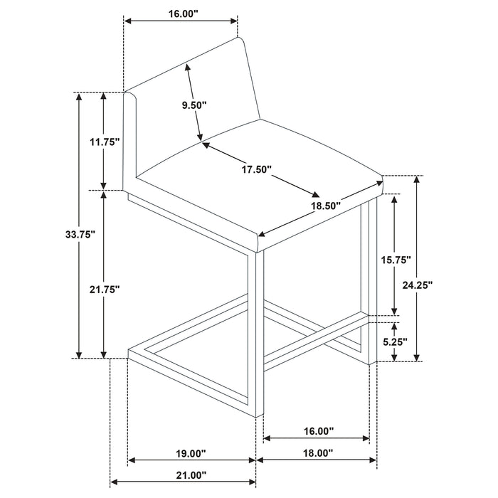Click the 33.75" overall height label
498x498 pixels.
pyautogui.click(x=80, y=235)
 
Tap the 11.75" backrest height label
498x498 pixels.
pyautogui.click(x=105, y=142)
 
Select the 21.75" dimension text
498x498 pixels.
pyautogui.click(x=105, y=290)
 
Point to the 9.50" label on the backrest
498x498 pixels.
pyautogui.click(x=194, y=105)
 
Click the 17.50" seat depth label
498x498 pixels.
pyautogui.click(x=257, y=169)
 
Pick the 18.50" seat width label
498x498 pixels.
pyautogui.click(x=326, y=206)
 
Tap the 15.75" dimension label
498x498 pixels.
pyautogui.click(x=396, y=260)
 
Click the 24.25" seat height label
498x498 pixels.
pyautogui.click(x=418, y=285)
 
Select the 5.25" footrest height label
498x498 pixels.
pyautogui.click(x=395, y=342)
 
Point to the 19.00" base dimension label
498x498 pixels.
pyautogui.click(x=191, y=454)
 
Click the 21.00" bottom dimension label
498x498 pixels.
pyautogui.click(x=191, y=475)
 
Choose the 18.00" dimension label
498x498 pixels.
pyautogui.click(x=318, y=453)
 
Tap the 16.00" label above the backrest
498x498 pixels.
pyautogui.click(x=183, y=14)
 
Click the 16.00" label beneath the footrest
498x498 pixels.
pyautogui.click(x=319, y=431)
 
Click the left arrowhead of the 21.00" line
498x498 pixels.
pyautogui.click(x=114, y=482)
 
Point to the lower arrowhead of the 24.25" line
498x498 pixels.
pyautogui.click(x=417, y=357)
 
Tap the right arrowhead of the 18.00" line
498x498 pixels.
pyautogui.click(x=373, y=460)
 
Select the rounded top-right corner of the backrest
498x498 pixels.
pyautogui.click(x=240, y=39)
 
